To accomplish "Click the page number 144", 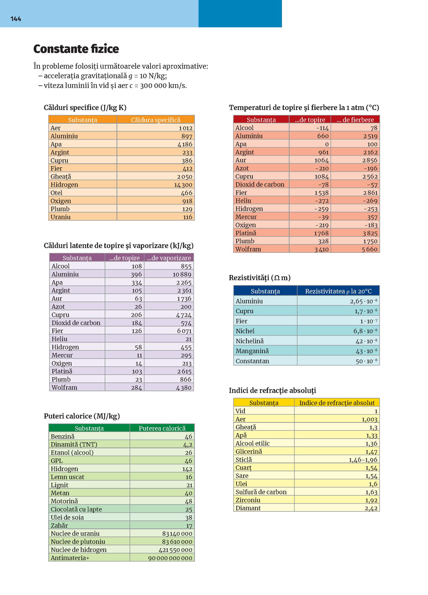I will (x=16, y=19).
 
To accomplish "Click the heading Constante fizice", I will (x=76, y=49).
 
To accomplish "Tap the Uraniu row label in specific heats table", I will (x=61, y=217).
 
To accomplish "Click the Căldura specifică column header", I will (x=155, y=120).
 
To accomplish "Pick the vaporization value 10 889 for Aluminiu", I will (x=182, y=274).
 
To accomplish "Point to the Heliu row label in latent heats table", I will (x=59, y=339).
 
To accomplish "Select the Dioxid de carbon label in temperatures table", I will (x=260, y=184).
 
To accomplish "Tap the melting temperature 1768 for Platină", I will (x=321, y=233).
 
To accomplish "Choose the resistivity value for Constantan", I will (x=366, y=361).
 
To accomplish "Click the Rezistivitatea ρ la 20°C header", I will (x=338, y=291).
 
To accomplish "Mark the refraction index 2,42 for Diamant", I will (x=371, y=508).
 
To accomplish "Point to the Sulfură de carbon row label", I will (x=261, y=492).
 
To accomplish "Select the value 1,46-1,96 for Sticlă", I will (x=363, y=460).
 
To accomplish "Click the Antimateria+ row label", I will (x=70, y=558).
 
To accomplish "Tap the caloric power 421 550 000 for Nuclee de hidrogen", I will (x=175, y=550).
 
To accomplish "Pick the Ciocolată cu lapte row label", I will (x=76, y=509).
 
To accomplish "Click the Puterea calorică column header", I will (x=162, y=428).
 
